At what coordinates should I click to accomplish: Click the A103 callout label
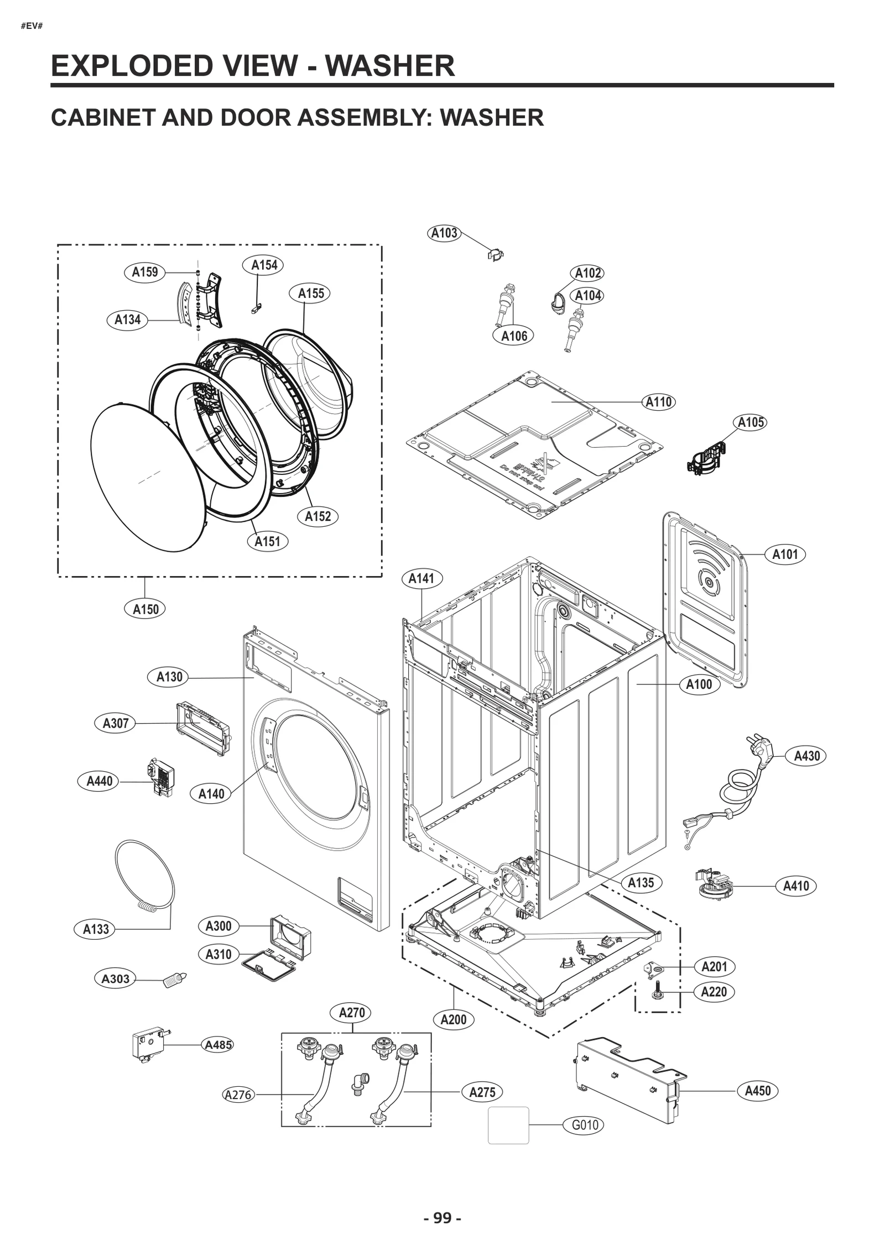click(445, 233)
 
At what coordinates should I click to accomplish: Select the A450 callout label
click(757, 1091)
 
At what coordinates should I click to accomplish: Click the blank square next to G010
click(508, 1125)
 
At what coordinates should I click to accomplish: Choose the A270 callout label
click(352, 1012)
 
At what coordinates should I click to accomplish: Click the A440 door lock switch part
click(161, 778)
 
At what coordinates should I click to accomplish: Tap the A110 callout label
click(659, 402)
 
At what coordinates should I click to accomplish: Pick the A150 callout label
click(145, 609)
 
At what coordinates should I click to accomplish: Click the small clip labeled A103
click(496, 255)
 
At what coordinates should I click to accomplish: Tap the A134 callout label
click(127, 320)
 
